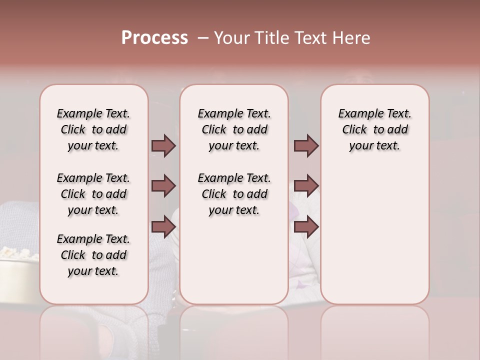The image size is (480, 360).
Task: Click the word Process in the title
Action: point(154,37)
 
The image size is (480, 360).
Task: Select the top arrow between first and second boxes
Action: point(163,146)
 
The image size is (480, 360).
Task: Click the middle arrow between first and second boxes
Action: point(163,186)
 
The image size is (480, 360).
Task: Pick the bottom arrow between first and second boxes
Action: point(163,227)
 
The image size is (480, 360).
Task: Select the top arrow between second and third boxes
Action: point(306,146)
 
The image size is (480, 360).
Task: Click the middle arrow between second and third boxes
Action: point(306,186)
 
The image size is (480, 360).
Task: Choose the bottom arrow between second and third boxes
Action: point(306,227)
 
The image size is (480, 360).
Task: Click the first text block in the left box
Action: point(93,129)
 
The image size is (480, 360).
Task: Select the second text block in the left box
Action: point(93,194)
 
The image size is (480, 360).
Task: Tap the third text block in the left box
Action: point(93,255)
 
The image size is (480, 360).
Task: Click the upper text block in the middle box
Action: point(234,129)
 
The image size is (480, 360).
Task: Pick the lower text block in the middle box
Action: point(234,194)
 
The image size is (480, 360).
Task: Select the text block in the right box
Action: point(375,129)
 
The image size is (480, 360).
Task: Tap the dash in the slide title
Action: point(203,37)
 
